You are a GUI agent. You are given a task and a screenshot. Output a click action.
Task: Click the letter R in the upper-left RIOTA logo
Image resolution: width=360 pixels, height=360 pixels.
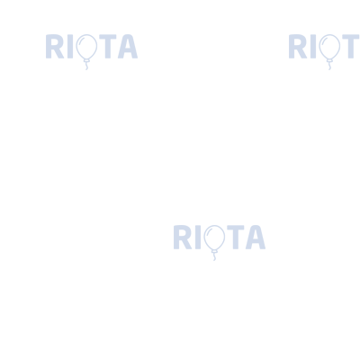click(55, 47)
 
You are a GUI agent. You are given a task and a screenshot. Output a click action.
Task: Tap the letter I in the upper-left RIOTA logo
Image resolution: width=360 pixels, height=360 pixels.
click(70, 47)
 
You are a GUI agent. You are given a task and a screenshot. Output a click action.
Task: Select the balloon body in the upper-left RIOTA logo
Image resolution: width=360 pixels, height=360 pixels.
click(86, 47)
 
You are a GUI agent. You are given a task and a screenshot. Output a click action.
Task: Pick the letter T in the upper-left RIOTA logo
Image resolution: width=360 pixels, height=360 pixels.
click(108, 47)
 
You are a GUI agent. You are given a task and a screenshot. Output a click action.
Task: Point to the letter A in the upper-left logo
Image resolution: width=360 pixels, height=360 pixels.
click(128, 47)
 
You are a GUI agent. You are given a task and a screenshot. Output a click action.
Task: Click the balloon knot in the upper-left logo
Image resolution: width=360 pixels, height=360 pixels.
click(86, 61)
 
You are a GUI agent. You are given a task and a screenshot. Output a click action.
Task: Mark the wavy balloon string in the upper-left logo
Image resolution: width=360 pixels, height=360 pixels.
click(86, 67)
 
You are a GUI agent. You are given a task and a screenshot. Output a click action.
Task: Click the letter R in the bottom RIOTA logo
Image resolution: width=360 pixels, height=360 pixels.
click(183, 238)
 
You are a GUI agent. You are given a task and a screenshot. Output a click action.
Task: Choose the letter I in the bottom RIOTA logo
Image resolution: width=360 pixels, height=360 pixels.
click(198, 238)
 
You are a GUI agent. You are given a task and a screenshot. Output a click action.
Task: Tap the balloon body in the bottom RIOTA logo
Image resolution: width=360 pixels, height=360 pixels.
click(214, 238)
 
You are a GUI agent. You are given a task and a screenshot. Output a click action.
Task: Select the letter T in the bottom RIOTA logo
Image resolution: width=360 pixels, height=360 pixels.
click(236, 238)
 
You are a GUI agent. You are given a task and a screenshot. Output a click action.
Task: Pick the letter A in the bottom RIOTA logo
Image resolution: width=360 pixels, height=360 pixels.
click(256, 238)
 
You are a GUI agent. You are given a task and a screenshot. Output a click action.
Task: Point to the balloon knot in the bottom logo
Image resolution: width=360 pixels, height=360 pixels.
click(214, 252)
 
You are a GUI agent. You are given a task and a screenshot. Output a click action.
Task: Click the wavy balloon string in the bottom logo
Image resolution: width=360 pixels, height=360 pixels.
click(214, 257)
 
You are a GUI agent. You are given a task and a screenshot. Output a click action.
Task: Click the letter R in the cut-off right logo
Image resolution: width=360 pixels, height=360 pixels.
click(298, 47)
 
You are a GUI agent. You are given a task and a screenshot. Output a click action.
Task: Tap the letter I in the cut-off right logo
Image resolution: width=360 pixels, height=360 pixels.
click(313, 47)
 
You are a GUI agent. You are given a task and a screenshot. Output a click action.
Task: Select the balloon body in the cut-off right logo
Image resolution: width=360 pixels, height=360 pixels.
click(329, 47)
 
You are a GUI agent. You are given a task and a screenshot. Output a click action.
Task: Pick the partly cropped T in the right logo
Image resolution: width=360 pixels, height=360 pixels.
click(351, 47)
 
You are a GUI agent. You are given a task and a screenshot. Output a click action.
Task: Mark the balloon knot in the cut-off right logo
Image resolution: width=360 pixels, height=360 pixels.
click(329, 61)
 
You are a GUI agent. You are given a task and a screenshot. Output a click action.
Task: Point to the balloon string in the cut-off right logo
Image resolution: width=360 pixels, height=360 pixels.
click(329, 67)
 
